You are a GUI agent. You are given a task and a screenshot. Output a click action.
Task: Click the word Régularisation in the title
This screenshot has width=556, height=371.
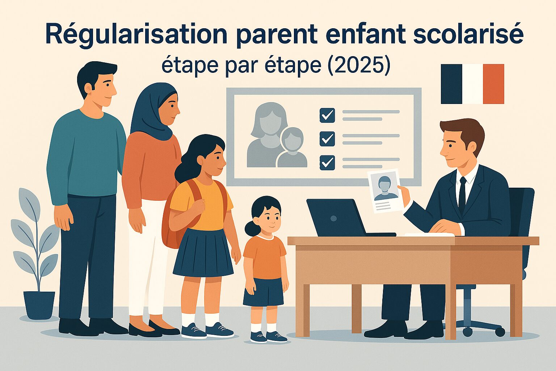pyautogui.click(x=136, y=34)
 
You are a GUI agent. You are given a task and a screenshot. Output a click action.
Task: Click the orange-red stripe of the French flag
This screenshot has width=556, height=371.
pyautogui.click(x=493, y=84)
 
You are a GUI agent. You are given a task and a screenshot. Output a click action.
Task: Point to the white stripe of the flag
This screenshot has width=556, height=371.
pyautogui.click(x=472, y=84)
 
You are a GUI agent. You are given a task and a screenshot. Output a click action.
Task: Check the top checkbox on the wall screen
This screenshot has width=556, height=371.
pyautogui.click(x=327, y=115)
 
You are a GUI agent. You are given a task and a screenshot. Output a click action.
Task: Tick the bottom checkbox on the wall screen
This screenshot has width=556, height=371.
pyautogui.click(x=327, y=163)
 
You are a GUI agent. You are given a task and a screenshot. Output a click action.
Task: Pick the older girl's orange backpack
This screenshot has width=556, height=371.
pyautogui.click(x=173, y=225)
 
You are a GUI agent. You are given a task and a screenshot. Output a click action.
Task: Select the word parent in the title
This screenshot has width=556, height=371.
pyautogui.click(x=277, y=35)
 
